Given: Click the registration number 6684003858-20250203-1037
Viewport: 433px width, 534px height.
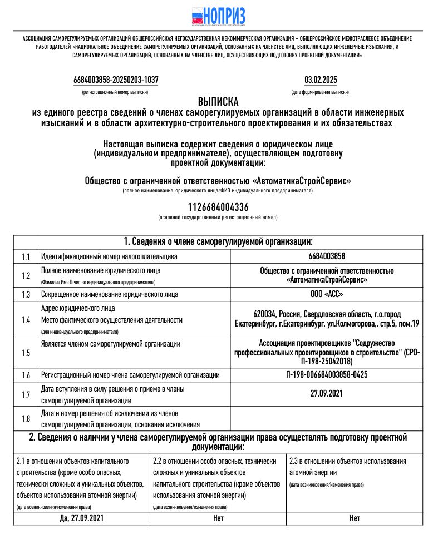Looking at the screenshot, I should [x=116, y=80].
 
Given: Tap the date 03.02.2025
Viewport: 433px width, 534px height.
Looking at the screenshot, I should [x=320, y=80].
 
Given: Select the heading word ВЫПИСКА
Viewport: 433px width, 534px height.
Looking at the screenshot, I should [x=218, y=102].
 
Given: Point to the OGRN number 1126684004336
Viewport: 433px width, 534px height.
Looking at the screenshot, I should [x=218, y=207].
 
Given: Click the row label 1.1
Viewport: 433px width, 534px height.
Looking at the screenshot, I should [x=26, y=256].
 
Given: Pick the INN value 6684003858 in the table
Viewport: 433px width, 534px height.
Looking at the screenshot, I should [x=326, y=256].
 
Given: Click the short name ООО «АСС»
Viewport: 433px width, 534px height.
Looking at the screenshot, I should [x=326, y=294].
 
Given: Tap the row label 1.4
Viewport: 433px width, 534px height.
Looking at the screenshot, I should [x=26, y=319].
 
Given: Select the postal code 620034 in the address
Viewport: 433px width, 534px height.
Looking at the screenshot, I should [x=265, y=314].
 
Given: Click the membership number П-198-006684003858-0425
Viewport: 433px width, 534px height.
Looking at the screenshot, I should [x=326, y=375].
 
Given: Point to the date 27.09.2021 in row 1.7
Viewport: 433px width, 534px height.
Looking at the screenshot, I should [x=326, y=394].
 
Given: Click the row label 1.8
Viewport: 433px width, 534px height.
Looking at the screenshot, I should [x=26, y=418].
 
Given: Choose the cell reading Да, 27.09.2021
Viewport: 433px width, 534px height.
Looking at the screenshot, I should [x=81, y=518].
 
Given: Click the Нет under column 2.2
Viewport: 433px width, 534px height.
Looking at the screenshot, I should [x=218, y=518].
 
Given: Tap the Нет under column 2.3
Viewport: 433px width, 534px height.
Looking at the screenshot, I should [x=355, y=518].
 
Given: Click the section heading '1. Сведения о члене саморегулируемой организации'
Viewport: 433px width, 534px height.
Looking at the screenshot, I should [x=218, y=241].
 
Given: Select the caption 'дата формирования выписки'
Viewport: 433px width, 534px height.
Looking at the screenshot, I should [x=320, y=92].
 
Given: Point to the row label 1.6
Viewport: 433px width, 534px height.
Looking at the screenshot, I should [x=26, y=375].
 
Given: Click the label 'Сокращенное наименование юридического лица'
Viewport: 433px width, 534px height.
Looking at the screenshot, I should [x=110, y=294].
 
